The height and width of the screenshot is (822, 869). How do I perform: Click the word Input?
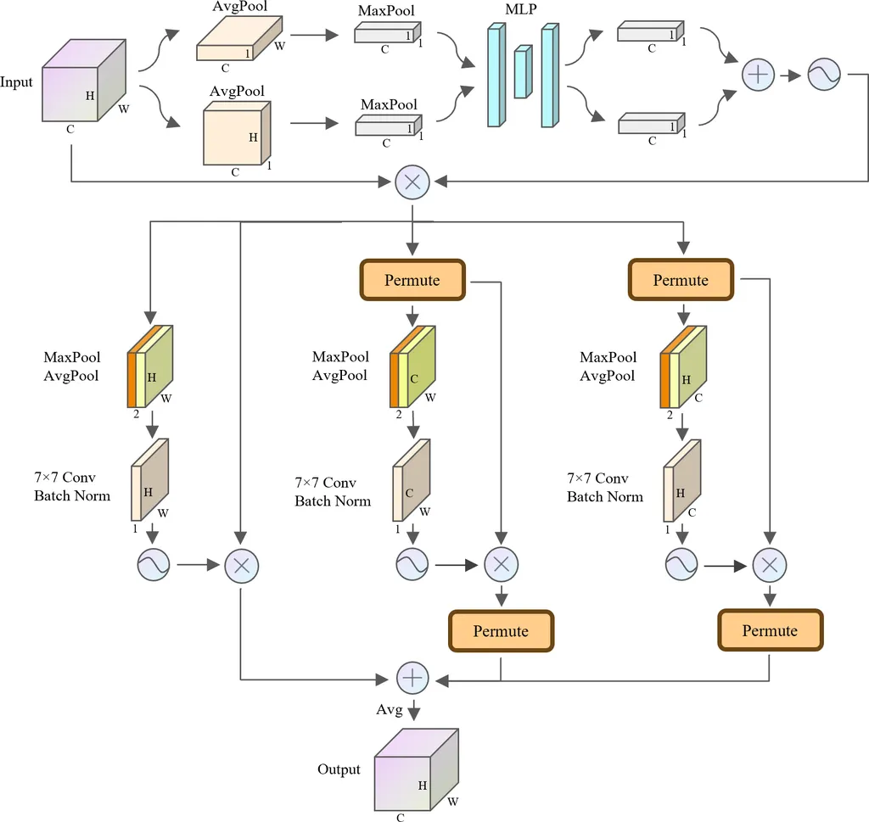point(17,82)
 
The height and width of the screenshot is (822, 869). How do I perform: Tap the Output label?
point(339,769)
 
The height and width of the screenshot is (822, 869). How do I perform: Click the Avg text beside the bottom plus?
point(390,709)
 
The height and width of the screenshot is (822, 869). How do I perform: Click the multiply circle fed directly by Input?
point(412,182)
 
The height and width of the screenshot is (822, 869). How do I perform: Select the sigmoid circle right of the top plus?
point(823,75)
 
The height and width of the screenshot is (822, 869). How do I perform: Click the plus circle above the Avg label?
point(412,678)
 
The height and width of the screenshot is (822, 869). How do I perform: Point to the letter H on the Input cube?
point(90,96)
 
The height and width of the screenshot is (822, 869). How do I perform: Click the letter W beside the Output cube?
point(452,802)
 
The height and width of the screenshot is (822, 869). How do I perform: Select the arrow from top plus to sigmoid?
point(791,75)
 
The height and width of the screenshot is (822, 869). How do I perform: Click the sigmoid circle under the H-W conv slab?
point(154,564)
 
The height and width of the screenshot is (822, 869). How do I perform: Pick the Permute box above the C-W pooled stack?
point(412,280)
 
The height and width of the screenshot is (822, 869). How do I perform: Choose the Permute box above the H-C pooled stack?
point(681,280)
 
